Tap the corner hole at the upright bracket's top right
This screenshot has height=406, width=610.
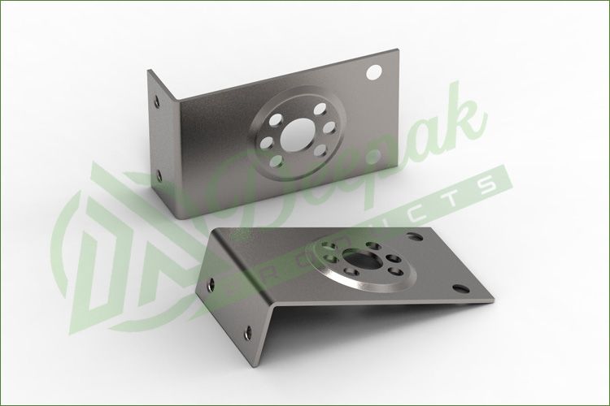click(375, 72)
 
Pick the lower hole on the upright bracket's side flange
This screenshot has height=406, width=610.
click(159, 174)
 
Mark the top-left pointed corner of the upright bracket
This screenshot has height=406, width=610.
click(149, 70)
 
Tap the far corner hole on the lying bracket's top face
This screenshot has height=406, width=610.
click(417, 236)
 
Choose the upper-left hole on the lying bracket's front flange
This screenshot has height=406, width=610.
click(213, 284)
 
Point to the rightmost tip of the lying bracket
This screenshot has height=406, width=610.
click(493, 300)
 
